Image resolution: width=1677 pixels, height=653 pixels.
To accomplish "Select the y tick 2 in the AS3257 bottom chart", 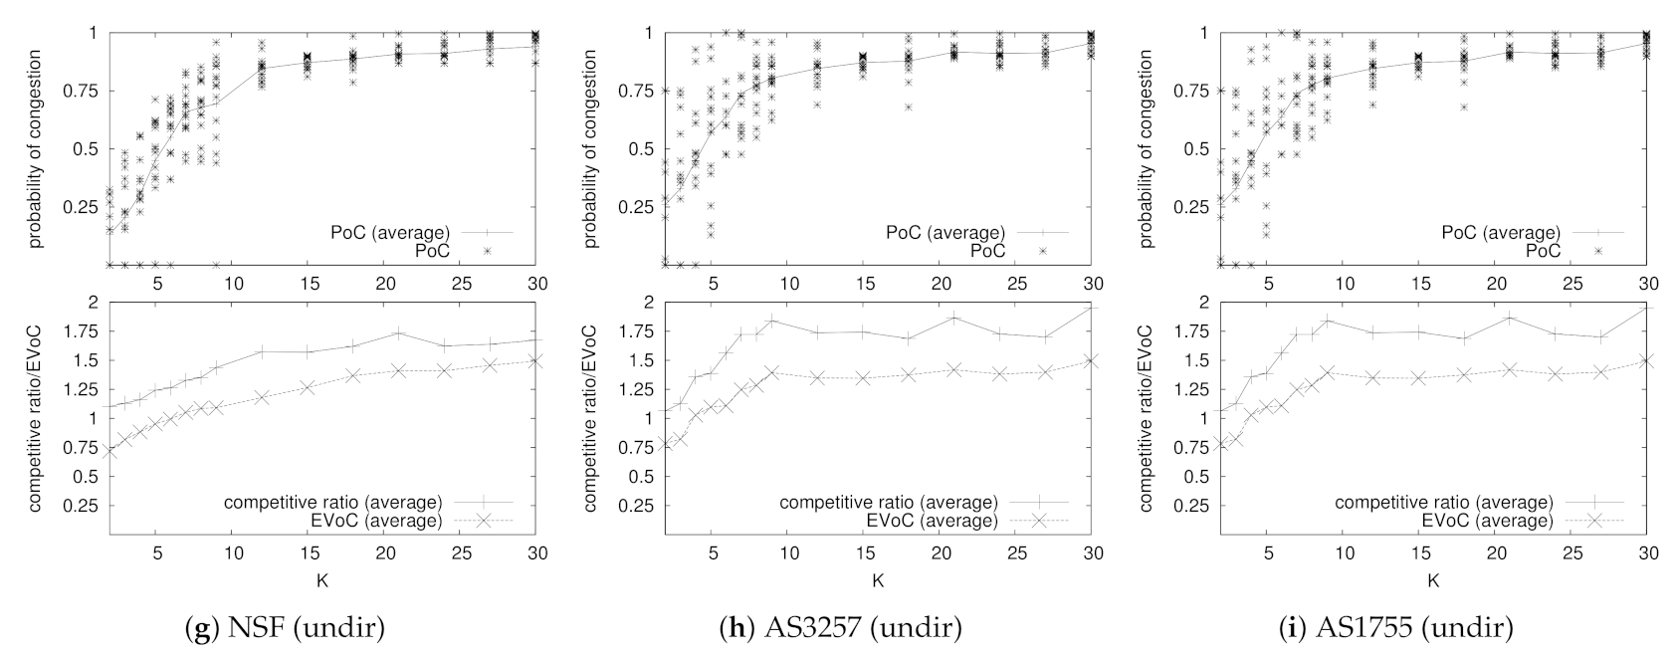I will tap(647, 302).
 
